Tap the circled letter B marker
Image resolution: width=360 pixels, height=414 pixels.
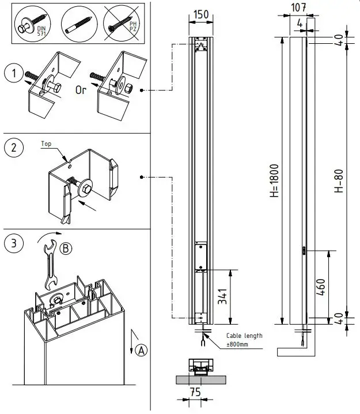[x=66, y=249]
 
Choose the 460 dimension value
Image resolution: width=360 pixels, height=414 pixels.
[x=321, y=286]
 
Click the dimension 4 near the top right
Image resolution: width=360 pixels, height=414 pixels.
[x=300, y=24]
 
